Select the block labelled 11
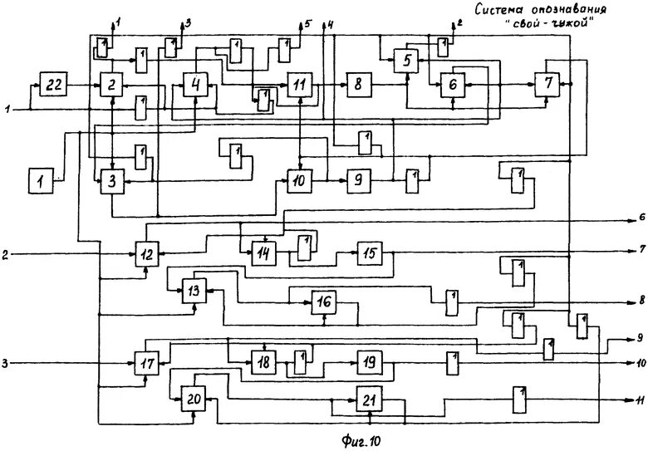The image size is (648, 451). (x=299, y=84)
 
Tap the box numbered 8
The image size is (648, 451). (x=357, y=84)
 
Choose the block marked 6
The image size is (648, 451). (x=452, y=84)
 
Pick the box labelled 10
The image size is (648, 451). (x=299, y=180)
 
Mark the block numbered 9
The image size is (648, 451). (x=357, y=180)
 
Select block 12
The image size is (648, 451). (x=147, y=253)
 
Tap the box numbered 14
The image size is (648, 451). (x=264, y=253)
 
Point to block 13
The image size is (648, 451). (x=194, y=291)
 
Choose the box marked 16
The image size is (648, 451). (x=324, y=302)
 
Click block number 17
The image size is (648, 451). (x=147, y=363)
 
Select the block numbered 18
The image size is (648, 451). (x=264, y=363)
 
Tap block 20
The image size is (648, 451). (x=194, y=400)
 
